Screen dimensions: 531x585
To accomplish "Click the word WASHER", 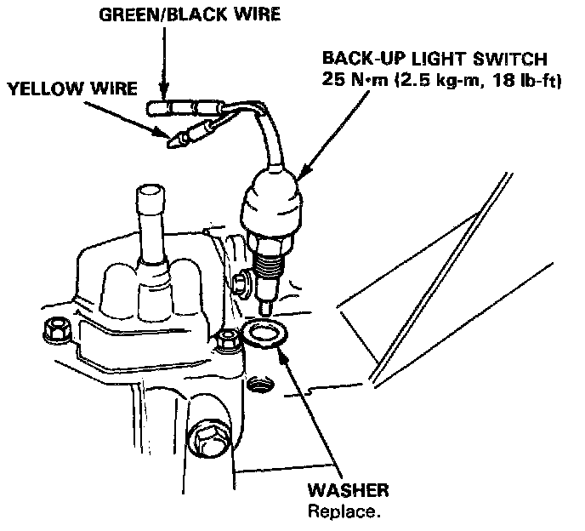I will (349, 491).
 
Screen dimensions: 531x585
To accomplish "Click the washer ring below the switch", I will (264, 334).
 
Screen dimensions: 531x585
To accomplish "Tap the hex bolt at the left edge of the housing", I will (59, 326).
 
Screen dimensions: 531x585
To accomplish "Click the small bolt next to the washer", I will (226, 340).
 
